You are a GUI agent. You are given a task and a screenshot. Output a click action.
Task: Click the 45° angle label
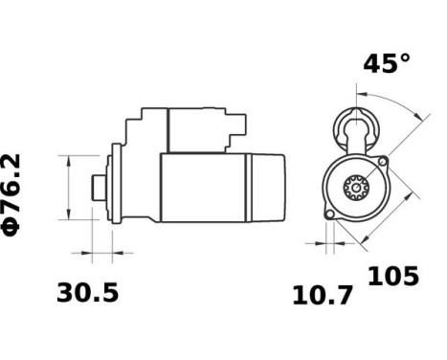tap(386, 64)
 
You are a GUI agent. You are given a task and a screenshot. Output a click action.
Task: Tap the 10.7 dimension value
tap(323, 295)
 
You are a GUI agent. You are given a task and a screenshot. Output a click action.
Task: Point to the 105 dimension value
tap(393, 277)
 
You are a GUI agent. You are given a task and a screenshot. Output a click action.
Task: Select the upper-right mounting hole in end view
tap(385, 164)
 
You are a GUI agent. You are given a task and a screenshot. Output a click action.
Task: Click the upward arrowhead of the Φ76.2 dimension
tap(69, 159)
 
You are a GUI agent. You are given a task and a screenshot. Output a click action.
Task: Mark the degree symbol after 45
tap(405, 58)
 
